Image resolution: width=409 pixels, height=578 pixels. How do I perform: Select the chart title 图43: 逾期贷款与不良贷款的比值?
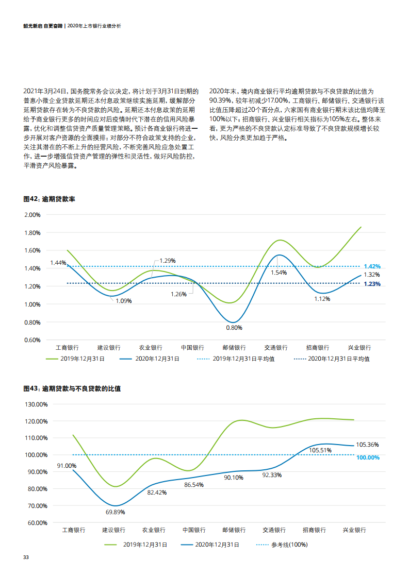click(x=72, y=388)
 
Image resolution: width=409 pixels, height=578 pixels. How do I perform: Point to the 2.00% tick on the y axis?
click(x=32, y=215)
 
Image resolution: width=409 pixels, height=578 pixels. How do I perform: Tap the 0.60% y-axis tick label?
click(x=32, y=340)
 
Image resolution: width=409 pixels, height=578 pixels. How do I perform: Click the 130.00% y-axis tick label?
click(x=36, y=404)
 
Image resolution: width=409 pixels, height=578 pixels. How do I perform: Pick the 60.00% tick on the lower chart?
click(x=36, y=523)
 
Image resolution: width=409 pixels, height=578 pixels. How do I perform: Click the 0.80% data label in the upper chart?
click(x=234, y=328)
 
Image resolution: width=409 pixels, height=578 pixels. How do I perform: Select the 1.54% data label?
click(x=279, y=273)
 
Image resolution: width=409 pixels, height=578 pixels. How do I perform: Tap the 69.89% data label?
click(x=115, y=513)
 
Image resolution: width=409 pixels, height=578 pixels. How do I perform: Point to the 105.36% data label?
click(x=367, y=445)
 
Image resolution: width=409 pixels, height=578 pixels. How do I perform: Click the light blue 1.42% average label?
click(x=372, y=266)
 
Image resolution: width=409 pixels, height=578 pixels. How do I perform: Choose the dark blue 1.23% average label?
click(x=372, y=284)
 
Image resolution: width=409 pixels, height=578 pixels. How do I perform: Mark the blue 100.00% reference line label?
click(x=368, y=457)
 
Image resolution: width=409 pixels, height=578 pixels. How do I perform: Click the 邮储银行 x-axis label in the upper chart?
click(x=234, y=348)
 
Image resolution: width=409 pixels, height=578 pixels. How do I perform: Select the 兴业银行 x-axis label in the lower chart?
click(x=354, y=530)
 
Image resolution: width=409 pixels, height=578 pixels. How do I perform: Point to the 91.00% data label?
click(x=67, y=466)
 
